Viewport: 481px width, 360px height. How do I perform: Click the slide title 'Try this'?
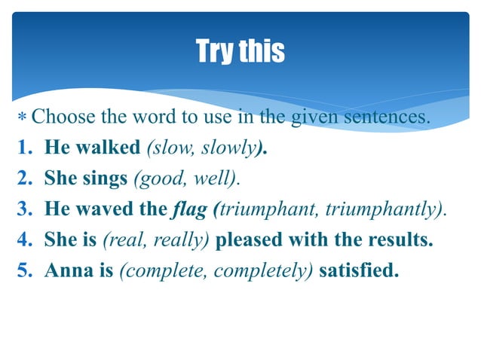240,52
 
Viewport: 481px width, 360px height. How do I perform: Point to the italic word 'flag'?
188,209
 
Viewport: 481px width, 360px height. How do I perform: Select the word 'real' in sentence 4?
121,239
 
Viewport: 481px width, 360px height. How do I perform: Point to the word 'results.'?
402,239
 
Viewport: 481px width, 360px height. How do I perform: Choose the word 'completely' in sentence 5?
267,270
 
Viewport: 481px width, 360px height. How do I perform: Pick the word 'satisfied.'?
360,270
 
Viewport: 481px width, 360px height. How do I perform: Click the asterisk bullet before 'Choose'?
23,118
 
